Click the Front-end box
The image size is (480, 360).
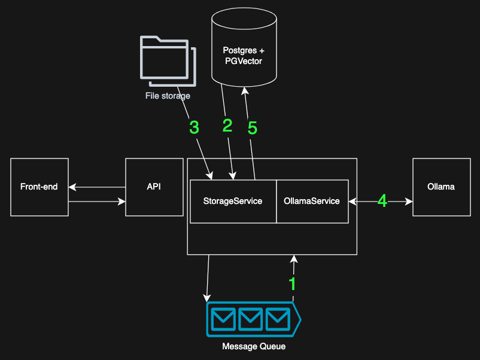tap(40, 187)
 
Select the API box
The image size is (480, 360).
tap(154, 187)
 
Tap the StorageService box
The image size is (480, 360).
tap(233, 201)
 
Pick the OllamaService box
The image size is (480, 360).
tap(312, 201)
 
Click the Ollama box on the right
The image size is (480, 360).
tap(441, 187)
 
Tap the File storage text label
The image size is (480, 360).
tap(168, 96)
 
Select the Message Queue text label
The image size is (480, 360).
tap(254, 346)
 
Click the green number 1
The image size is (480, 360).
tap(293, 284)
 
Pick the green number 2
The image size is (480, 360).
tap(227, 125)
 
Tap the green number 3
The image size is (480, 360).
tap(194, 127)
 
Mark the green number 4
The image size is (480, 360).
tap(382, 202)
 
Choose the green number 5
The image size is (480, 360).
tap(252, 128)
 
